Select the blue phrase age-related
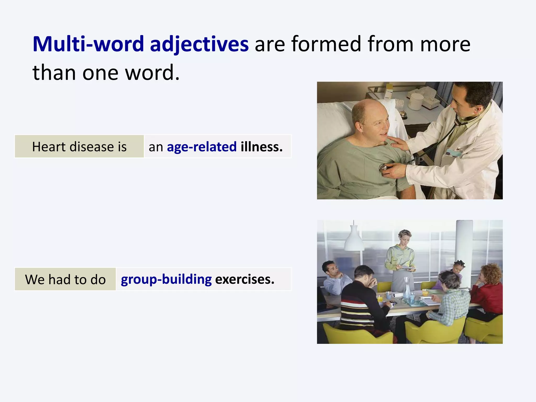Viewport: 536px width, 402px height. point(202,147)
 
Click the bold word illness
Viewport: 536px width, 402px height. point(261,147)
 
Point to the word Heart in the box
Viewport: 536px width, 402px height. point(49,147)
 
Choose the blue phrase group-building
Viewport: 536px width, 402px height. point(166,279)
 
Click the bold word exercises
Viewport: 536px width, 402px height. point(244,279)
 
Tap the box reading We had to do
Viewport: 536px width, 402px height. point(65,279)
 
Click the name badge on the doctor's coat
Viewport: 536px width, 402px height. point(453,153)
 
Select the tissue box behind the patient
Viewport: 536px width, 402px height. point(429,98)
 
